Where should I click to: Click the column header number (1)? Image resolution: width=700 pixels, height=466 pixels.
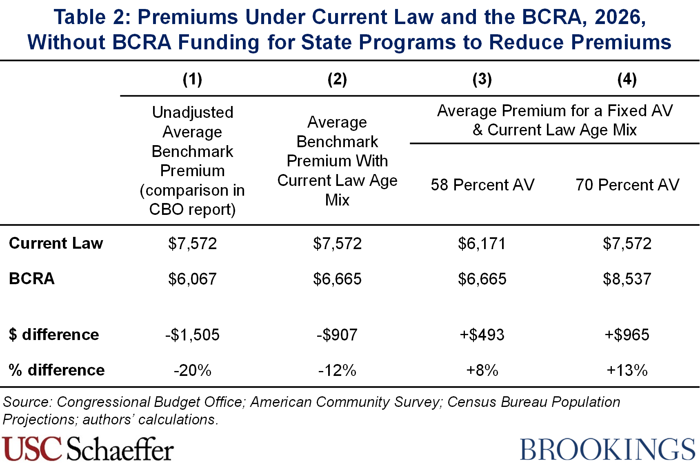coord(192,79)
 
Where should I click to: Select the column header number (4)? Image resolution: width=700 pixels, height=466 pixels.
coord(627,79)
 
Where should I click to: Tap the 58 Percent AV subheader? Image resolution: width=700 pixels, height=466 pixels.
coord(482,185)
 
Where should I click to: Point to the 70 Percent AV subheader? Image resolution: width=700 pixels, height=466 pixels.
coord(627,185)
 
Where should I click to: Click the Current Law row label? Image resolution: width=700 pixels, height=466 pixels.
coord(56,243)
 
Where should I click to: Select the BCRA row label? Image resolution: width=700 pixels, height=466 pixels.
coord(32,279)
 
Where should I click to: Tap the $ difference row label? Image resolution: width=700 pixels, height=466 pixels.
coord(54,335)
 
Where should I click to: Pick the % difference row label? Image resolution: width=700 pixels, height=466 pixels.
coord(57,370)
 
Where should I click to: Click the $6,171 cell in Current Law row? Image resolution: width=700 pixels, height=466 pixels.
coord(482,244)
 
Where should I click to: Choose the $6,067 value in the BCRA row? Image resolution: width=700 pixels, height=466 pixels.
coord(192,279)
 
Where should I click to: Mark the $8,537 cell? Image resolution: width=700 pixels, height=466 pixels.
coord(627,279)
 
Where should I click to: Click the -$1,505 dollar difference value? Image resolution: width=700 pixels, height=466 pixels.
coord(192,335)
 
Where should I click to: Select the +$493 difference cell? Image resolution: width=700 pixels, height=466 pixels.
coord(482,335)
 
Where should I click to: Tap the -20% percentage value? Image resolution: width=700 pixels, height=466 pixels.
coord(192,371)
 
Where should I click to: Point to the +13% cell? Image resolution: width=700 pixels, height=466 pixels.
coord(627,371)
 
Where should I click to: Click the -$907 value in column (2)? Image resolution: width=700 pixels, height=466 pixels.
coord(337,335)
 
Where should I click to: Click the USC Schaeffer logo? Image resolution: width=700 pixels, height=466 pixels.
coord(88,449)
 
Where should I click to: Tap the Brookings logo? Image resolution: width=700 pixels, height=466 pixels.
coord(607,449)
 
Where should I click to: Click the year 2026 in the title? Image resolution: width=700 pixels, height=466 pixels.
coord(620,17)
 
